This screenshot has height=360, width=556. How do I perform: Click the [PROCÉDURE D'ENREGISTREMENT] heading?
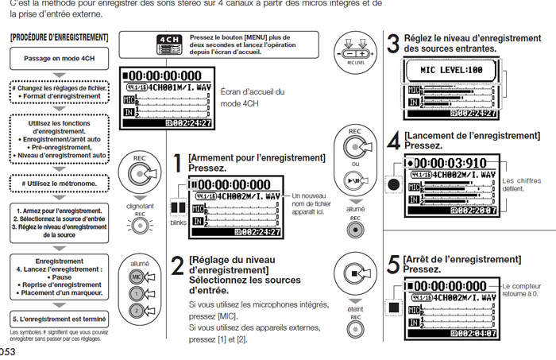(x=59, y=38)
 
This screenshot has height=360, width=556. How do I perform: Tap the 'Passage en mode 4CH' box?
(x=59, y=58)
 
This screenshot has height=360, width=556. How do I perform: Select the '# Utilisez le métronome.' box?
(x=59, y=184)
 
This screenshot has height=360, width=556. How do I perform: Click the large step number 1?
(x=177, y=165)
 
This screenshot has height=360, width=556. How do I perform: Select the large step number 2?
(x=176, y=267)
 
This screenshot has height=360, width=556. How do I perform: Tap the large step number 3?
(x=392, y=44)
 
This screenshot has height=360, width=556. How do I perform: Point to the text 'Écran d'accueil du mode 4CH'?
(x=252, y=98)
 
